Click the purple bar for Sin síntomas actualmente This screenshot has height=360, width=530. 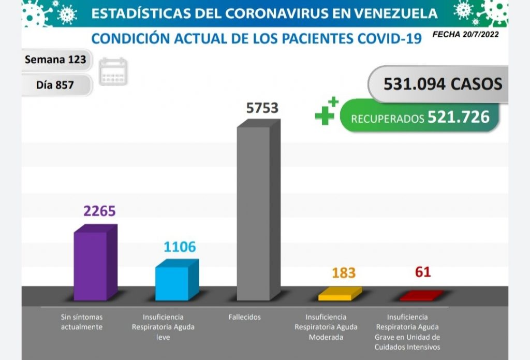(x=91, y=266)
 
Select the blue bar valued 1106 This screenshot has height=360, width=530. (x=172, y=283)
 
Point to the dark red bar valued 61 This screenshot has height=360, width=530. (x=421, y=296)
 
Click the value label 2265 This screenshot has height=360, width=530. (x=99, y=211)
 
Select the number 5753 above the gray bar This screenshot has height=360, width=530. (x=262, y=108)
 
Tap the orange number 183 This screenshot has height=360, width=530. (x=344, y=273)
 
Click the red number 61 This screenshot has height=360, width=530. (x=422, y=271)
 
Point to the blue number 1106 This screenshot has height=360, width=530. (x=180, y=247)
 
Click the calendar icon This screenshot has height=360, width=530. (x=113, y=71)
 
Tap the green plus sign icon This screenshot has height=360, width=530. (x=326, y=111)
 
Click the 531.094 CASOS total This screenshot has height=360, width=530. (x=443, y=84)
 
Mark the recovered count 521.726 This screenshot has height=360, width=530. (x=458, y=117)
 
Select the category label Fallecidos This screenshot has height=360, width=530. (x=244, y=317)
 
